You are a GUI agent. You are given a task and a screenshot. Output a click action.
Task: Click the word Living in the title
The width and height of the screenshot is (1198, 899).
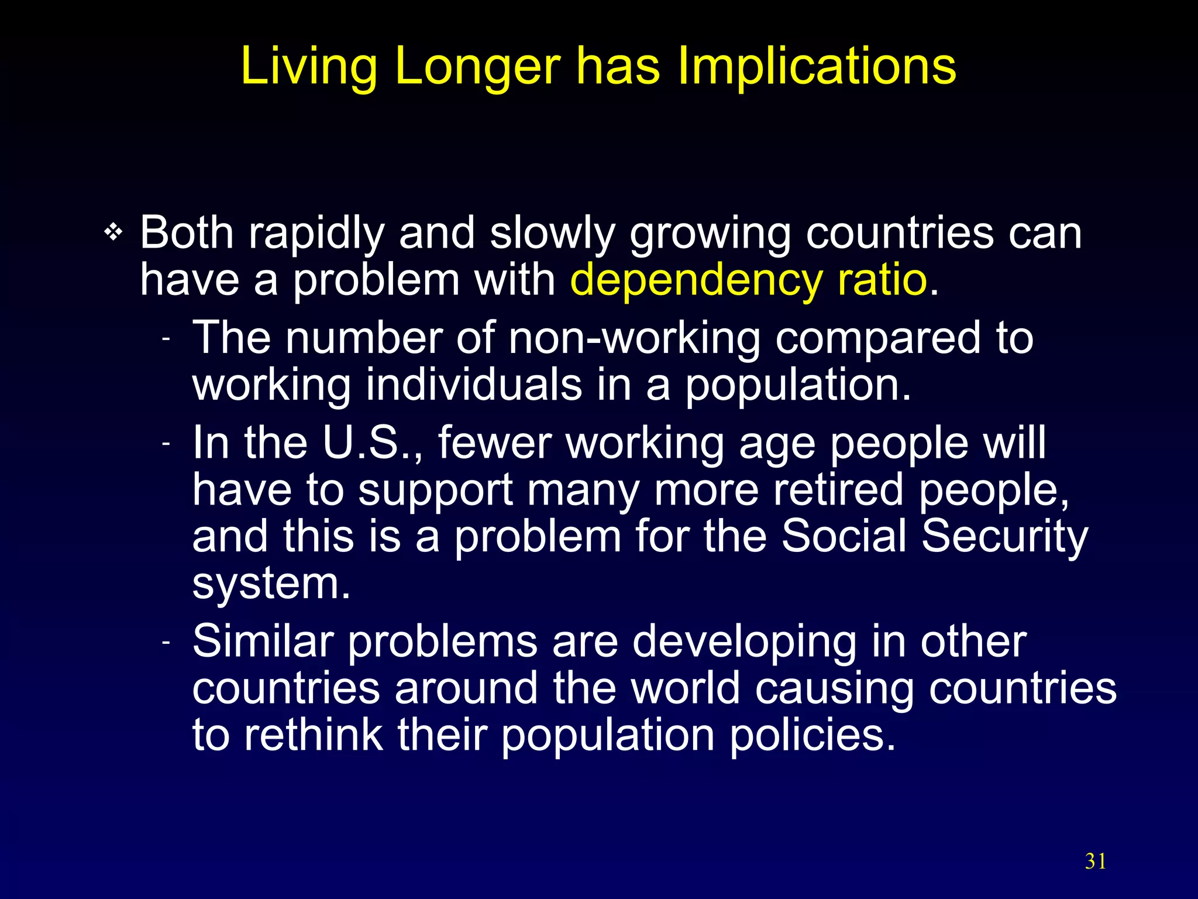point(309,66)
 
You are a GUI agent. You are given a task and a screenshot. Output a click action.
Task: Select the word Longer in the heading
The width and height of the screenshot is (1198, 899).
point(477,66)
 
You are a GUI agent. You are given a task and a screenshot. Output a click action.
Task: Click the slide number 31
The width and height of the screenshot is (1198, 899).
point(1096,862)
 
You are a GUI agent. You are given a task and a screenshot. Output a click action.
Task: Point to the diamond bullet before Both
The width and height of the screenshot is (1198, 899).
point(113,233)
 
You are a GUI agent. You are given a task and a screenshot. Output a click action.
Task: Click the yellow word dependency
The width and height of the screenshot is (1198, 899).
point(696,280)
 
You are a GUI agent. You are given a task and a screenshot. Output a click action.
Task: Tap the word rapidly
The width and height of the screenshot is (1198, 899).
point(316,233)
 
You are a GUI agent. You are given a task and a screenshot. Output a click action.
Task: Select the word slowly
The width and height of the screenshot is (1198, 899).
point(552,233)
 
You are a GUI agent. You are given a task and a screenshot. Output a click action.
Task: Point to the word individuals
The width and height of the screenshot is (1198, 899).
point(474,385)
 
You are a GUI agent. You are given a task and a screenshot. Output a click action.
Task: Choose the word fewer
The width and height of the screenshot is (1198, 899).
point(494,442)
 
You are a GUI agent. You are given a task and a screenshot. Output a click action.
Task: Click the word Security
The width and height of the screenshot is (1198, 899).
point(1004,536)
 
